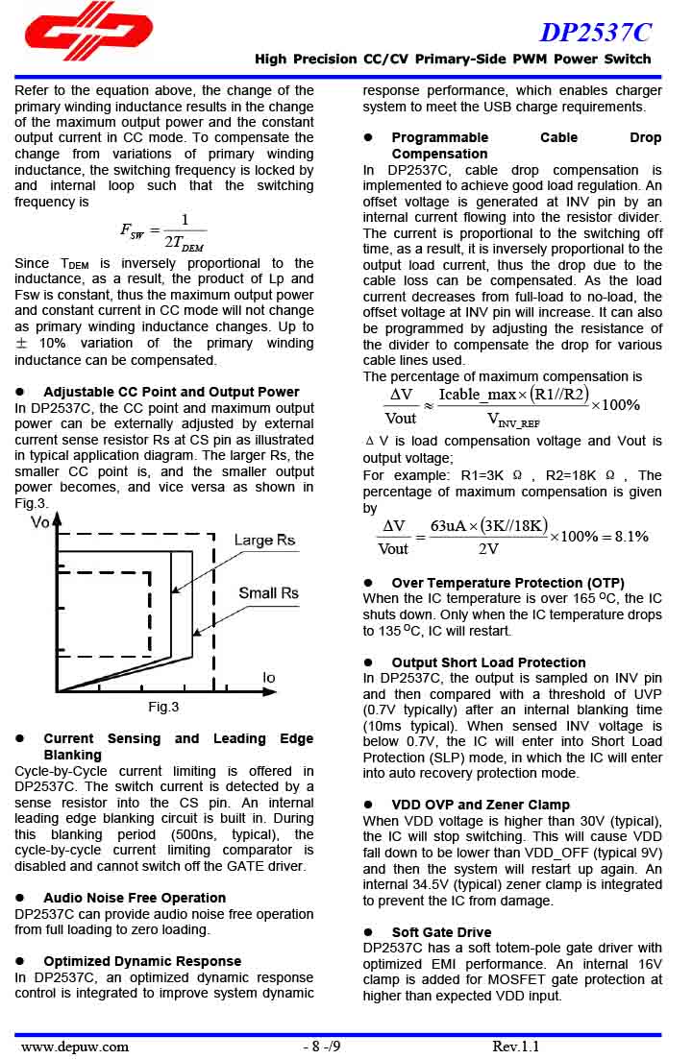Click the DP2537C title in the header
(x=595, y=33)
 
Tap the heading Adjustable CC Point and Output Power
(x=171, y=392)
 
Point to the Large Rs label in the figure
(x=264, y=541)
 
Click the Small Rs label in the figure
(x=268, y=593)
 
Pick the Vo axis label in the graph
(x=40, y=522)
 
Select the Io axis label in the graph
(x=268, y=678)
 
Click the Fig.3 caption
(x=163, y=708)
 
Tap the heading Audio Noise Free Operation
(x=135, y=898)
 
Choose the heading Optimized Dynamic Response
(x=142, y=961)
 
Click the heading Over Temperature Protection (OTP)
(x=507, y=583)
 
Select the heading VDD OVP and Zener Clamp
(x=481, y=805)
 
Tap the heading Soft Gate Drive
(x=441, y=932)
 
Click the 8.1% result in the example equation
(x=630, y=537)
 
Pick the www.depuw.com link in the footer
(x=75, y=1046)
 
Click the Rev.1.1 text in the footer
(x=516, y=1046)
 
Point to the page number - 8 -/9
(x=322, y=1046)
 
